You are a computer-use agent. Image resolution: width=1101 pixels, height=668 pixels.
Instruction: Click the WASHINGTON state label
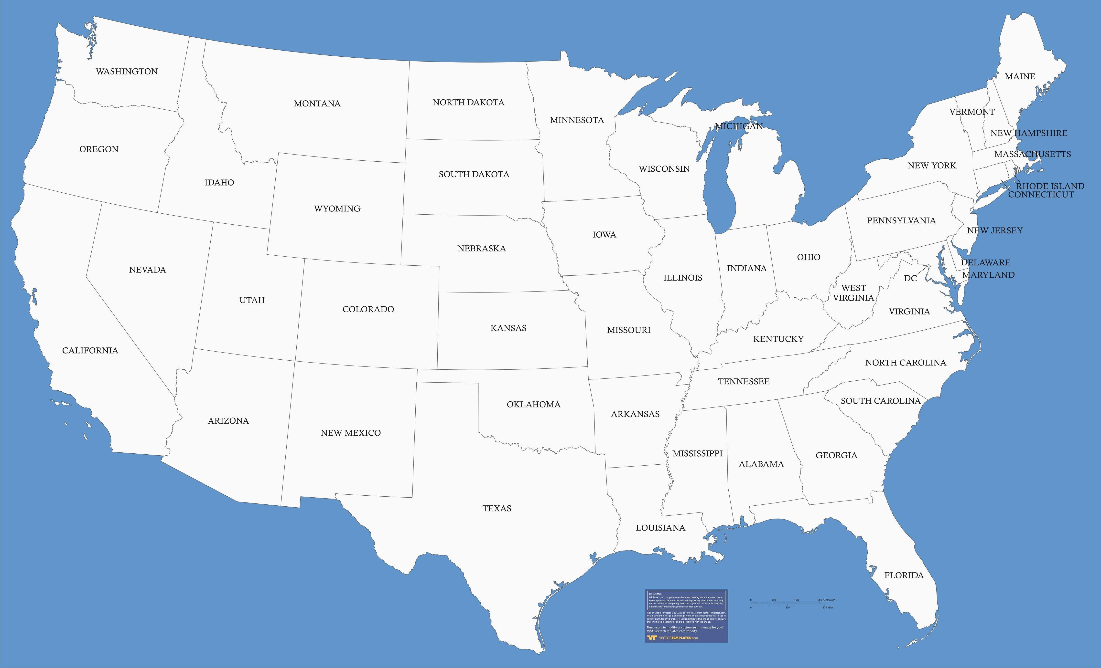point(127,72)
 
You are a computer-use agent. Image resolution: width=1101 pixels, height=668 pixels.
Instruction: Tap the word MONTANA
point(317,104)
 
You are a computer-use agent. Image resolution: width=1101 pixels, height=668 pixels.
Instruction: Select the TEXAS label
point(497,508)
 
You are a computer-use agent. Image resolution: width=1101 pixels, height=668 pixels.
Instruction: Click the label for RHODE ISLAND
point(1050,186)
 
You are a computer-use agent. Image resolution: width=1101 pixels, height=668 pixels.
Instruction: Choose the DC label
point(910,278)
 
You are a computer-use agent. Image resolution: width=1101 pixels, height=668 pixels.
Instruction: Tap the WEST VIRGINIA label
point(853,293)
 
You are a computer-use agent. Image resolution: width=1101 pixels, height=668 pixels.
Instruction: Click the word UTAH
point(252,300)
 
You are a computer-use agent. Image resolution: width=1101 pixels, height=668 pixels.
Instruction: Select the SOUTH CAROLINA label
point(881,401)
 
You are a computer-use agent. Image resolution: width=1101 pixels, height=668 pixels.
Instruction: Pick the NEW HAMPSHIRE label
point(1029,133)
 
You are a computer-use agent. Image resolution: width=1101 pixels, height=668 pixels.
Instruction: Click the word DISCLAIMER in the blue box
point(656,594)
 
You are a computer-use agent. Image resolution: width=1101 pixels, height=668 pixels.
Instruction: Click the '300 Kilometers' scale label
point(826,600)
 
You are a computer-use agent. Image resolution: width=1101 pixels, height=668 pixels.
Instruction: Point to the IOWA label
point(604,234)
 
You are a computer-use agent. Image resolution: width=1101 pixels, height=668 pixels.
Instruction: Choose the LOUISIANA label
point(660,528)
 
